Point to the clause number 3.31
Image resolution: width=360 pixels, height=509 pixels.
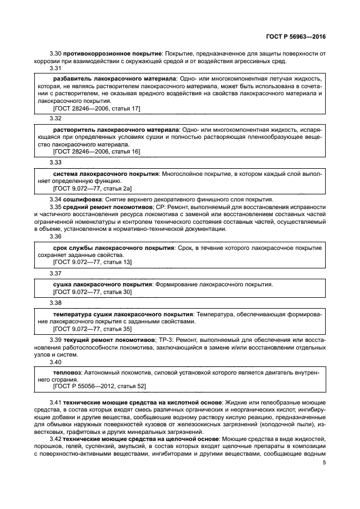coord(56,69)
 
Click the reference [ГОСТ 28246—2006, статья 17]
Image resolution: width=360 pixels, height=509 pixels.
coord(96,109)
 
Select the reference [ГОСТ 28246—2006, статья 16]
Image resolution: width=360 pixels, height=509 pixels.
coord(96,151)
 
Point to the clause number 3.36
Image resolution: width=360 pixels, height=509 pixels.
coord(56,236)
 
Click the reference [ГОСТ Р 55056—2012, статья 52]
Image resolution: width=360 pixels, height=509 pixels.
coord(99,386)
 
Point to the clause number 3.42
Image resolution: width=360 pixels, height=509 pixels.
coord(56,438)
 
